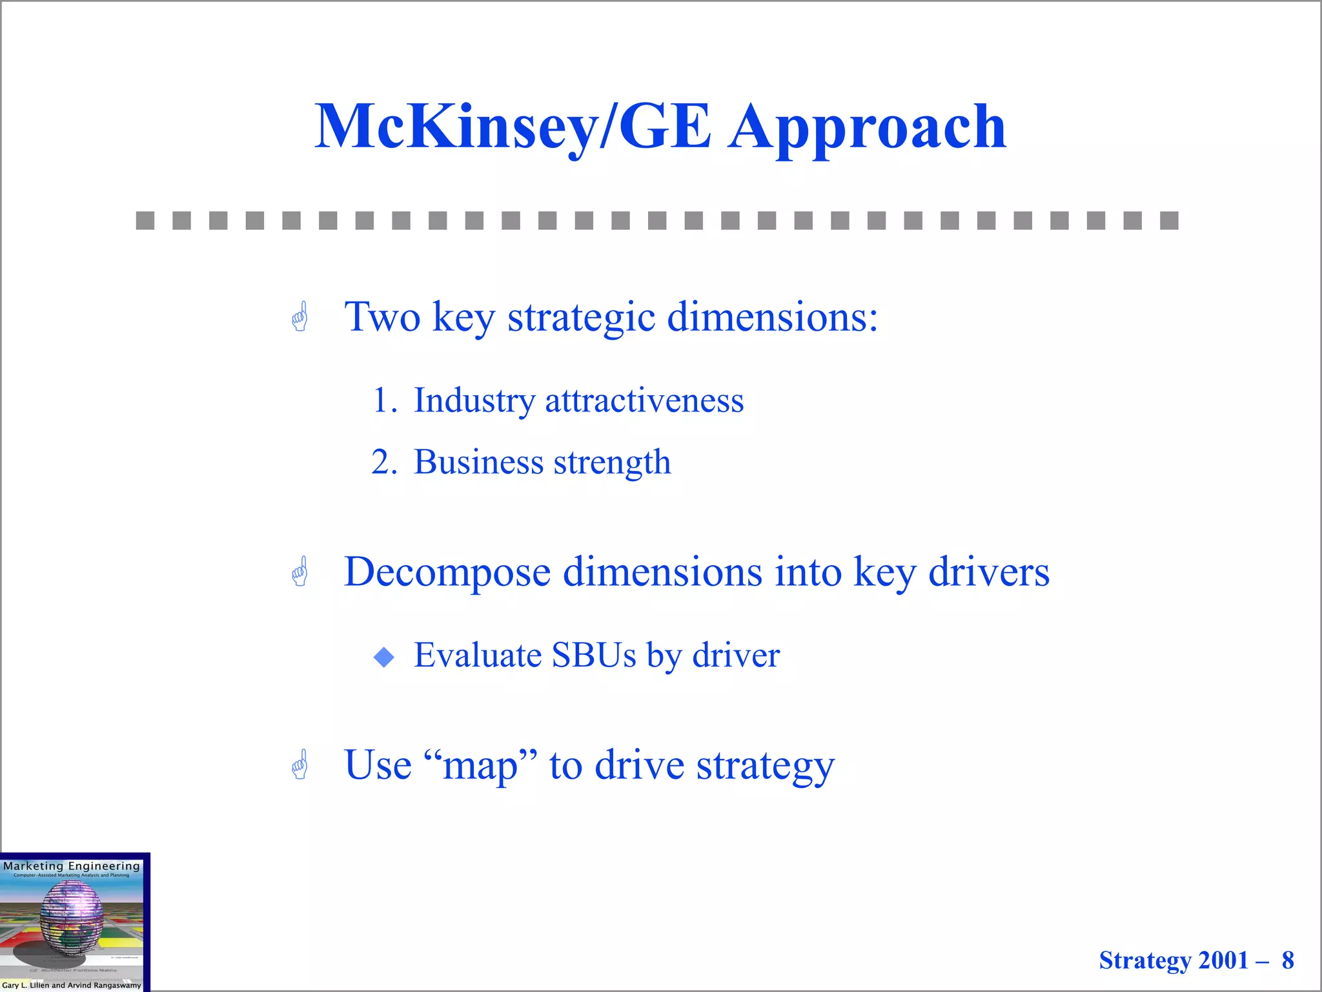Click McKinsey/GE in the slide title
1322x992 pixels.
[513, 127]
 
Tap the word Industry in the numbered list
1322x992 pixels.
[474, 400]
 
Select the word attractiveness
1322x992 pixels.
[644, 400]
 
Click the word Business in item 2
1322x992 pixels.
[478, 462]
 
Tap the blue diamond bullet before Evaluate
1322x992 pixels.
[384, 657]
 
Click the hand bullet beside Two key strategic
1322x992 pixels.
[300, 317]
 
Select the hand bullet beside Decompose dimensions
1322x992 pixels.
[300, 572]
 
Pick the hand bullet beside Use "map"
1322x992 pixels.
[300, 765]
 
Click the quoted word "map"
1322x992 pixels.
[480, 767]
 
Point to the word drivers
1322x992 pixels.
[988, 572]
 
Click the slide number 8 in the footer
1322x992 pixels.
[1287, 960]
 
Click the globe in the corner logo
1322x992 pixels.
[71, 917]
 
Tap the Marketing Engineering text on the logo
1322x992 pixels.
[71, 866]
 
